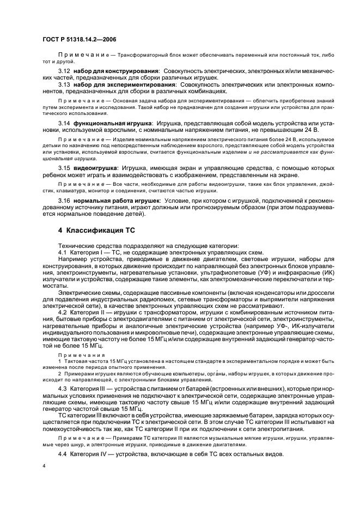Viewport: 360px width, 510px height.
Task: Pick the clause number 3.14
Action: tap(64, 124)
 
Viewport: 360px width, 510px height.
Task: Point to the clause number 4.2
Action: tap(63, 312)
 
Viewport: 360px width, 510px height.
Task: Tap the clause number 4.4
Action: tap(63, 454)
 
